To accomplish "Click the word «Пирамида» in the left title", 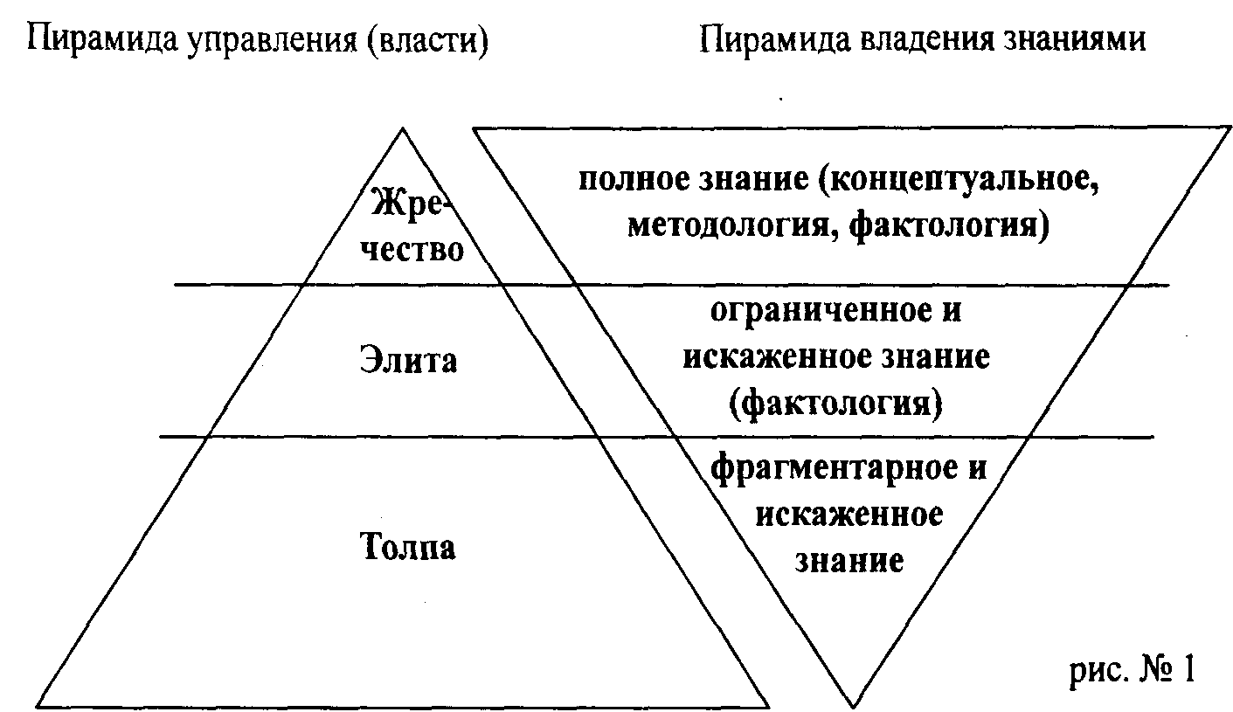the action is point(102,40).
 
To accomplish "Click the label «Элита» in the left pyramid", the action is point(408,360).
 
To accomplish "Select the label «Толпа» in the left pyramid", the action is point(408,545).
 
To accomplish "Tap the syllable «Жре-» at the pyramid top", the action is point(410,204).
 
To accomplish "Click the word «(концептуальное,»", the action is point(959,179).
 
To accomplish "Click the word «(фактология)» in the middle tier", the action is point(836,404).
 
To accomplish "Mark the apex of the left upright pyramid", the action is point(402,128).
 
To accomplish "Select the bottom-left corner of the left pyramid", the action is point(38,707).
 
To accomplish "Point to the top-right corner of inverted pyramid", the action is point(1230,128).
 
